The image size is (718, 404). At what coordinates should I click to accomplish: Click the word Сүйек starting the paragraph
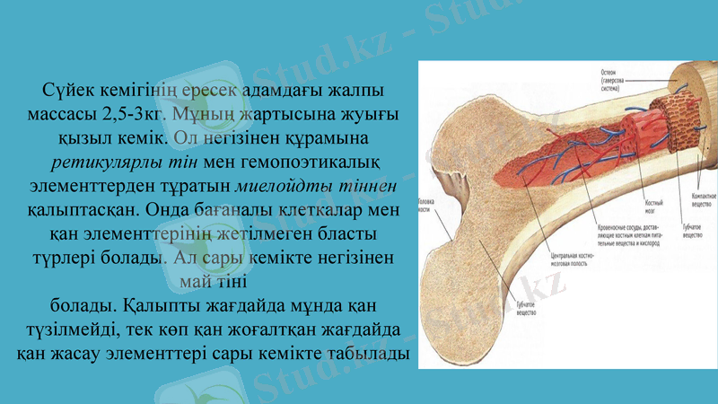68,92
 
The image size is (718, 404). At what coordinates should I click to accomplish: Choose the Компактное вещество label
696,198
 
